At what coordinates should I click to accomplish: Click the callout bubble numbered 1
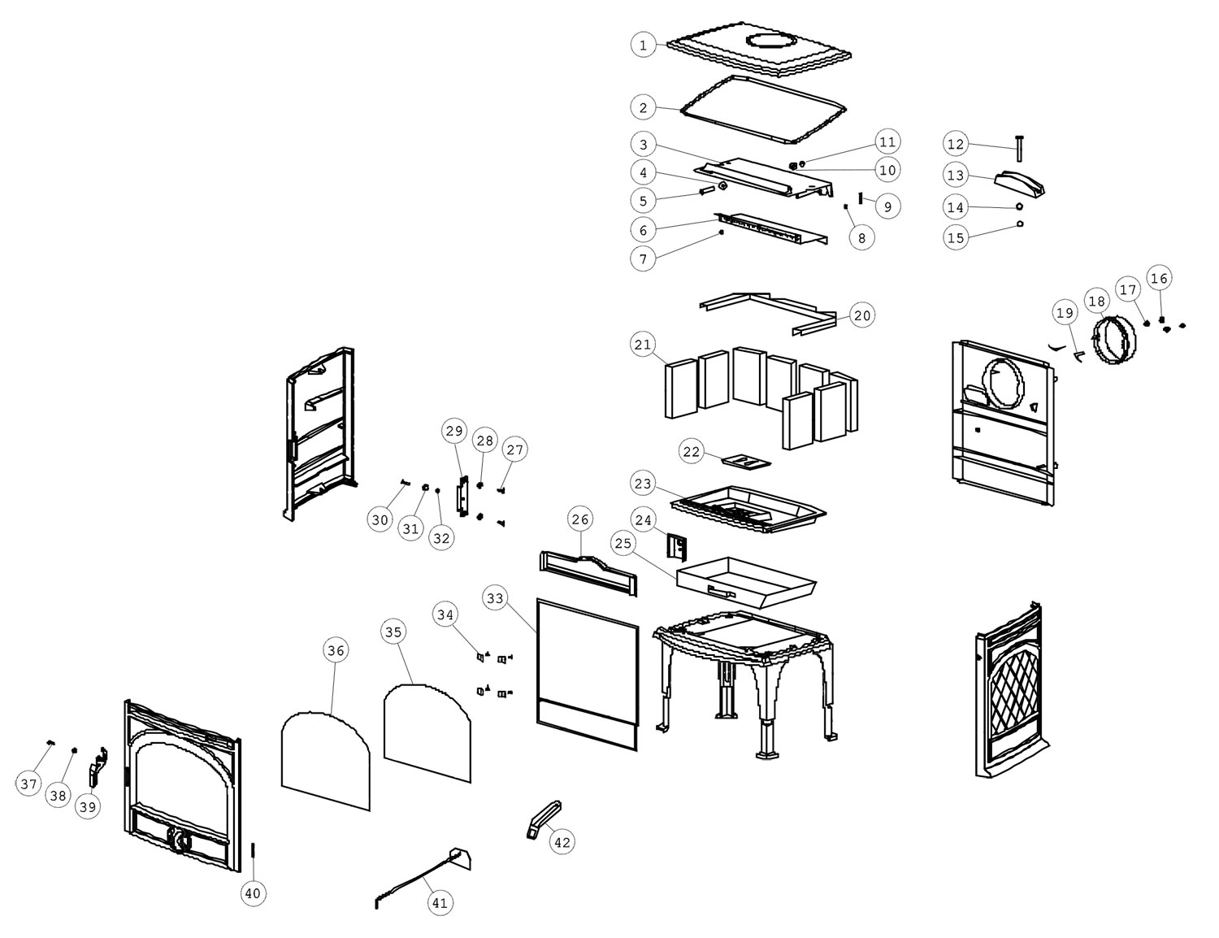pos(643,45)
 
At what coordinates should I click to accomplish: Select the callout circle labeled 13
pos(956,175)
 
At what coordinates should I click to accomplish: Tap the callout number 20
pos(862,315)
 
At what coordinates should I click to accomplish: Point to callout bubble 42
pos(562,842)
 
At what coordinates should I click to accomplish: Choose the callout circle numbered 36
pos(336,649)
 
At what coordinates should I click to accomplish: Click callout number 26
pos(579,519)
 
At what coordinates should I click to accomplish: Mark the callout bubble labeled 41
pos(440,902)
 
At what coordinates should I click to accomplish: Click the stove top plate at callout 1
pos(760,50)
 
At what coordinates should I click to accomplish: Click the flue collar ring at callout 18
pos(1112,340)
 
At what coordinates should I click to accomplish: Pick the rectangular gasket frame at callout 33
pos(587,673)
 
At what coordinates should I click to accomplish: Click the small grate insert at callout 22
pos(746,462)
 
